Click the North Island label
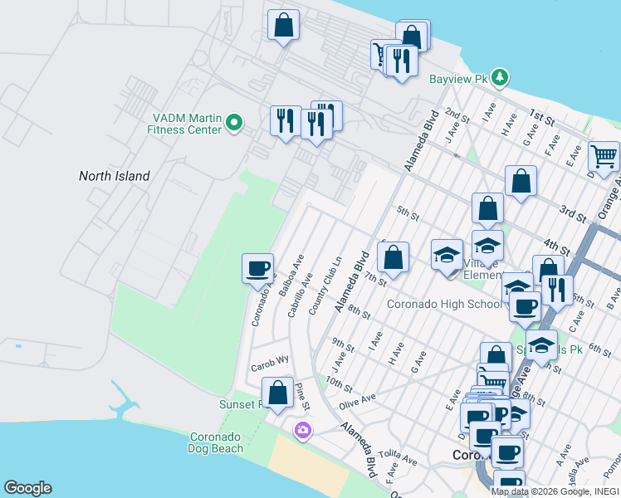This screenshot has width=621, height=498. (115, 176)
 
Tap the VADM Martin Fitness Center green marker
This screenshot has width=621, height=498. (234, 124)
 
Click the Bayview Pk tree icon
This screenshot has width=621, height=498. (499, 79)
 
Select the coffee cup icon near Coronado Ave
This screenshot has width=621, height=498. (257, 268)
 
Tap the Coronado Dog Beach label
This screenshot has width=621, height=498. (217, 442)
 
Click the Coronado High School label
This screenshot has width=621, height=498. (444, 304)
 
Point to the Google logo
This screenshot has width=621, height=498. (27, 488)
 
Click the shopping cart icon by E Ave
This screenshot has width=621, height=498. (604, 155)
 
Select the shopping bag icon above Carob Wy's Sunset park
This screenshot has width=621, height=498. (277, 392)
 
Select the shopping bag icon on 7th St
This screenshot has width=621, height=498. (394, 257)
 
